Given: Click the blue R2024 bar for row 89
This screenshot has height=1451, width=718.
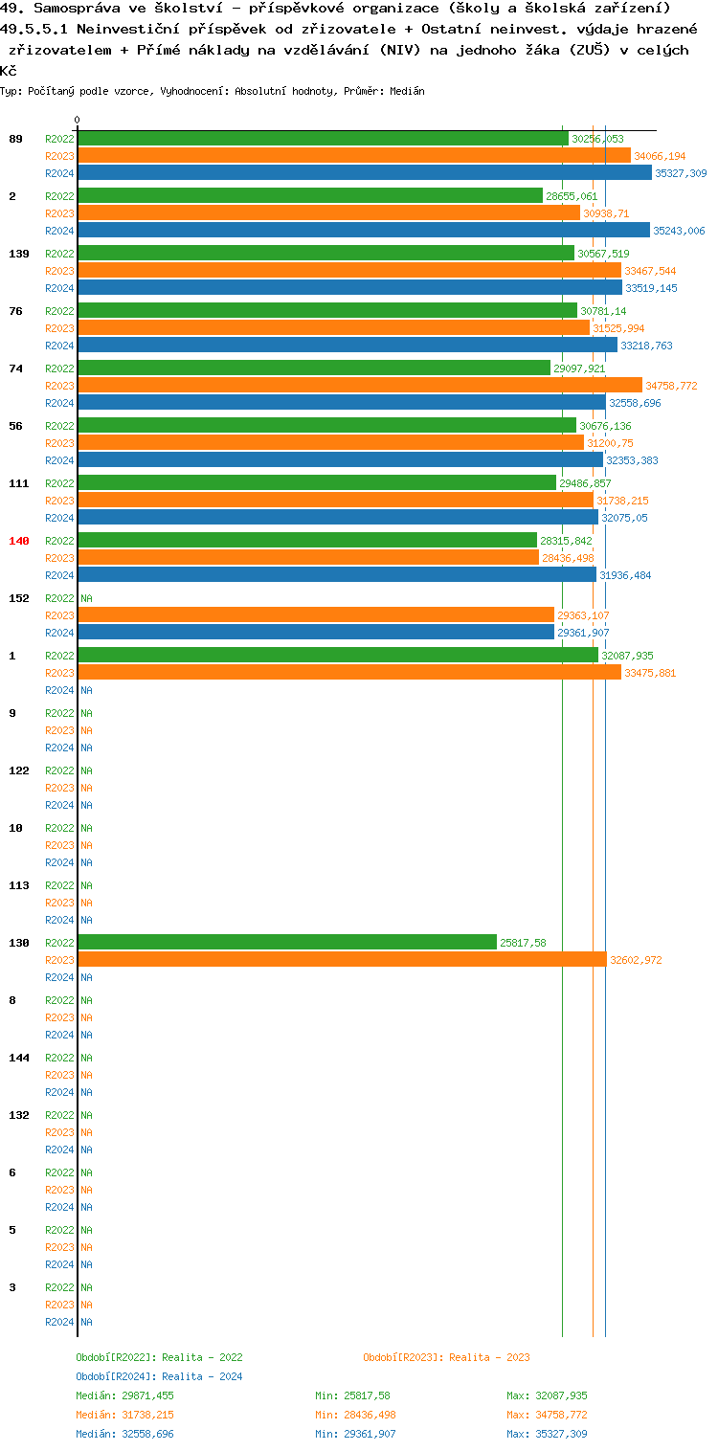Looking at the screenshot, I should click(364, 173).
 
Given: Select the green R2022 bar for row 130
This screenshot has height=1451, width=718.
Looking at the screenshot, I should click(287, 943).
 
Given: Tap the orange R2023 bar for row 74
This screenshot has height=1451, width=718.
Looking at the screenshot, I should click(359, 386).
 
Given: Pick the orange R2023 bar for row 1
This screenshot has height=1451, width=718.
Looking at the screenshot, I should click(349, 673).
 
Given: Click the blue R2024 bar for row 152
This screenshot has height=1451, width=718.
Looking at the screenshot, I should click(316, 633).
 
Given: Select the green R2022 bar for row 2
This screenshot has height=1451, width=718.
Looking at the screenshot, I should click(310, 196).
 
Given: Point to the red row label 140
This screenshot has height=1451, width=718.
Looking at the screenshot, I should click(19, 541).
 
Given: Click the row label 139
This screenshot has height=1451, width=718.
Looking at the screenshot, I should click(19, 254).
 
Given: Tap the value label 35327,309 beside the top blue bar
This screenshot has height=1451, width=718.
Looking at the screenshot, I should click(681, 173).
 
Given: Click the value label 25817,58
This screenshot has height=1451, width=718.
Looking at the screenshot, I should click(523, 943).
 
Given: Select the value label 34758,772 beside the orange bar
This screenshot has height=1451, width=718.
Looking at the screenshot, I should click(671, 386).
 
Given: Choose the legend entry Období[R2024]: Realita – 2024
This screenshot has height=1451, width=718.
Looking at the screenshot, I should click(159, 1376).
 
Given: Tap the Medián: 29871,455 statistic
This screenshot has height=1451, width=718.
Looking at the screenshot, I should click(124, 1395).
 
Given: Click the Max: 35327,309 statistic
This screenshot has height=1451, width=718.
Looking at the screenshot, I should click(547, 1434).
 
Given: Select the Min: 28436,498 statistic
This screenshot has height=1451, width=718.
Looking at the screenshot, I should click(355, 1415).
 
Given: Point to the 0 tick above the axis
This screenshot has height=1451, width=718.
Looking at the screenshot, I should click(78, 121).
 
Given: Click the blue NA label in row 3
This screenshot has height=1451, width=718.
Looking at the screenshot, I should click(86, 1322).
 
